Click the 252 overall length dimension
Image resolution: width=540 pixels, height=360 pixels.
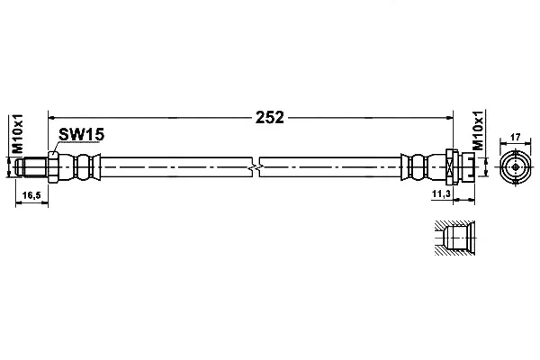pyautogui.click(x=270, y=118)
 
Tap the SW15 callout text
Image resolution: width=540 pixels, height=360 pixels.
pyautogui.click(x=81, y=134)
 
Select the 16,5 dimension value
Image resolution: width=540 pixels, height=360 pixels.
pyautogui.click(x=31, y=195)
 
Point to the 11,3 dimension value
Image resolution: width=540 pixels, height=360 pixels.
pyautogui.click(x=441, y=194)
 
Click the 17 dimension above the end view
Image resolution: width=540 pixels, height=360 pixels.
pyautogui.click(x=515, y=137)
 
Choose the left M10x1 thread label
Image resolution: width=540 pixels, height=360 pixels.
pyautogui.click(x=17, y=134)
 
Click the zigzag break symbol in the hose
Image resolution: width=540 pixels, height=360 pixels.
pyautogui.click(x=256, y=167)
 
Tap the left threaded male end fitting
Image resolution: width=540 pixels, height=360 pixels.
pyautogui.click(x=31, y=167)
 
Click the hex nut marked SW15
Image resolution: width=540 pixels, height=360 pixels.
pyautogui.click(x=53, y=167)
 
